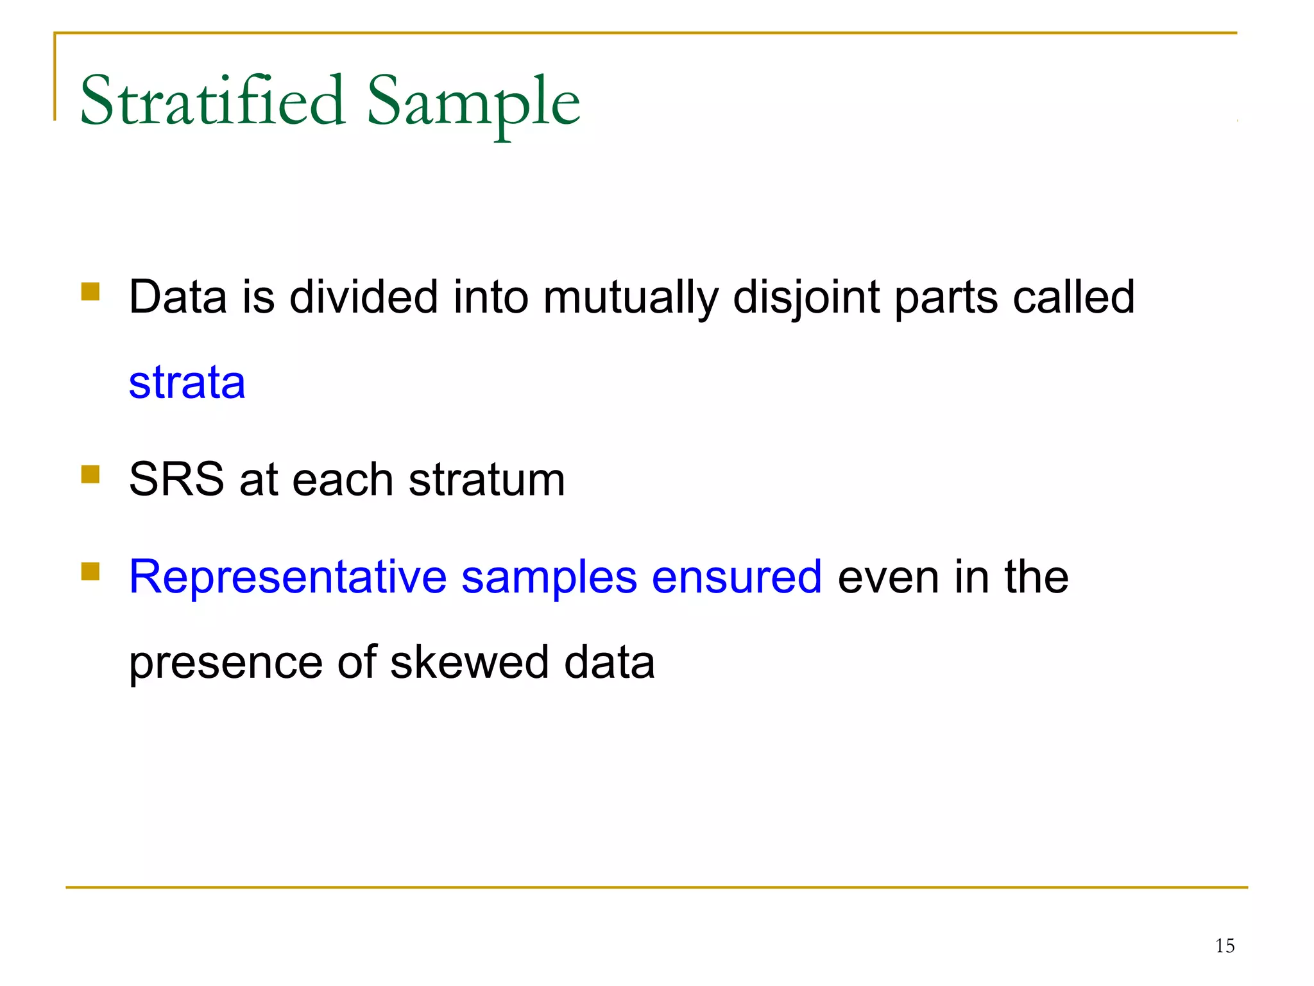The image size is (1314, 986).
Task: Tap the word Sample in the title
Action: pyautogui.click(x=474, y=103)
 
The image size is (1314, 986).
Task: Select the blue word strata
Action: pyautogui.click(x=187, y=383)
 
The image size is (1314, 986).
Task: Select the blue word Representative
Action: pyautogui.click(x=287, y=576)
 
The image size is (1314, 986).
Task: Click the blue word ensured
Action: pyautogui.click(x=737, y=576)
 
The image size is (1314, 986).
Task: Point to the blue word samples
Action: pyautogui.click(x=549, y=578)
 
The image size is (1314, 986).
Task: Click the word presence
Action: pyautogui.click(x=225, y=663)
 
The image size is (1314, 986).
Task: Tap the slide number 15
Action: pyautogui.click(x=1224, y=946)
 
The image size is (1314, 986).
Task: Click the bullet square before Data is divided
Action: pyautogui.click(x=90, y=292)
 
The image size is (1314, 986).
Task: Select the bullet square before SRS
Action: pyautogui.click(x=90, y=474)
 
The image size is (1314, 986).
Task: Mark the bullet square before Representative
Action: pyautogui.click(x=90, y=571)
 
